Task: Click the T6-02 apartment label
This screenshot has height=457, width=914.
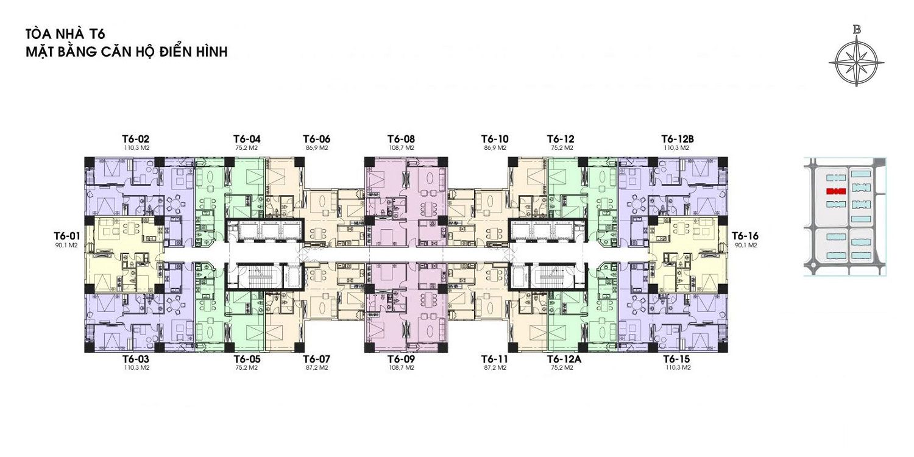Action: point(136,139)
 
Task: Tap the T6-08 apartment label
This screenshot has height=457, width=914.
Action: point(401,139)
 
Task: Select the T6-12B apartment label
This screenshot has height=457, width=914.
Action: point(676,139)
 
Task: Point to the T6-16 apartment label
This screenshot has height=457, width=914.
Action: point(744,236)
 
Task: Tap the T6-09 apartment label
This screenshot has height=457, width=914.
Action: point(401,359)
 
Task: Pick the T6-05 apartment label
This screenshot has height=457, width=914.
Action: point(247,359)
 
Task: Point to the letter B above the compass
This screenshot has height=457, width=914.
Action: point(857,29)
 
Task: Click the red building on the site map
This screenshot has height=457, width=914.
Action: point(835,191)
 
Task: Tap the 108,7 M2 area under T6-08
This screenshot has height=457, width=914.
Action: point(401,148)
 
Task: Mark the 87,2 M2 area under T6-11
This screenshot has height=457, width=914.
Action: point(494,368)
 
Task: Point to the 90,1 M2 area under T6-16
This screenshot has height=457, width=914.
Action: point(744,246)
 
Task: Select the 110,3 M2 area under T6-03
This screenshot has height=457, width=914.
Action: point(136,368)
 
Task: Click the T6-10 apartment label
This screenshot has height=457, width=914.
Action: point(494,139)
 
